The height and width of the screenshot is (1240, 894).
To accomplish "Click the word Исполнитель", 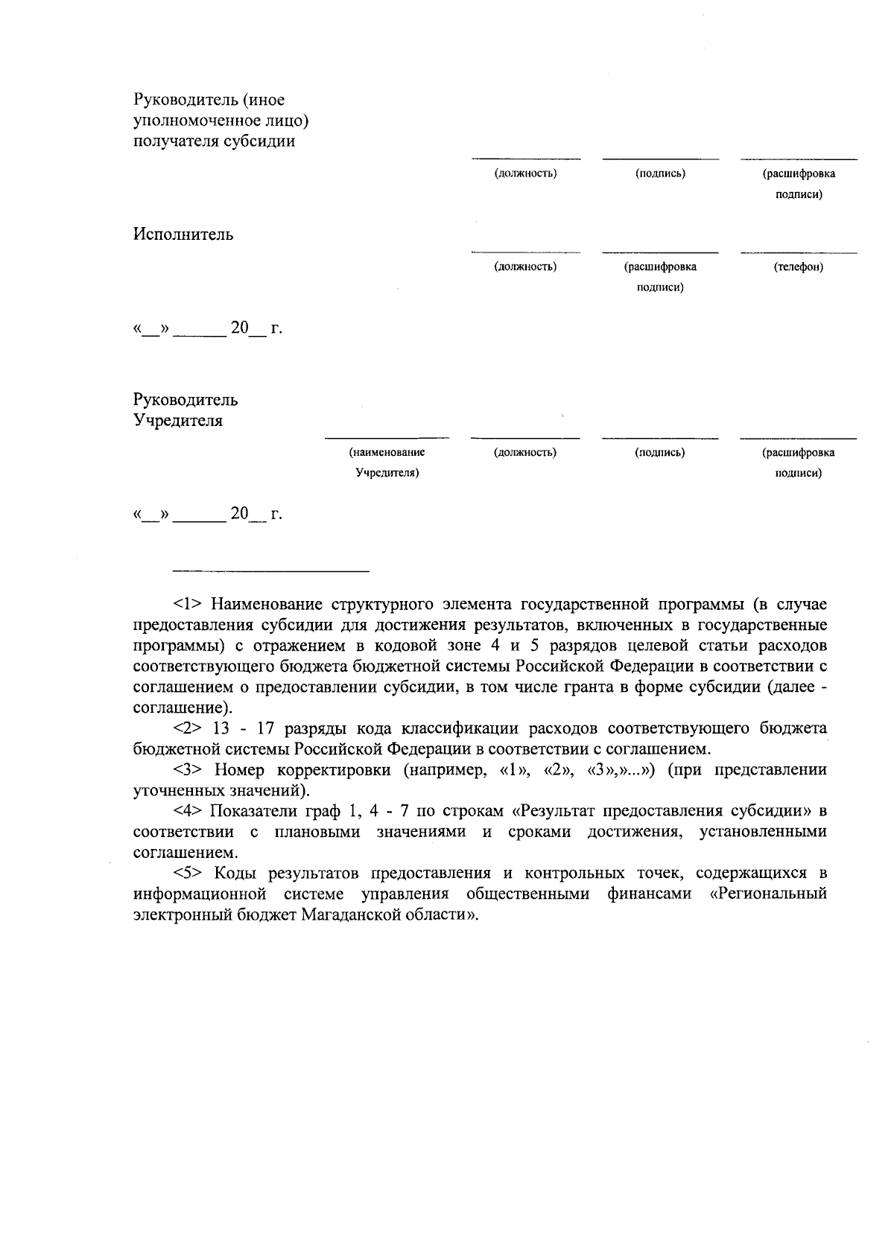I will click(x=183, y=235).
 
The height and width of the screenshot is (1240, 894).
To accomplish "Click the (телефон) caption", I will click(x=798, y=267).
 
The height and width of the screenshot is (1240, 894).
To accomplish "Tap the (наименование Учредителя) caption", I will click(x=387, y=462).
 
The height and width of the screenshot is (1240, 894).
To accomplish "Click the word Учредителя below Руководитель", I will click(x=178, y=421).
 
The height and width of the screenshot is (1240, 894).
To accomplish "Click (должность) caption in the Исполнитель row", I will click(x=525, y=267).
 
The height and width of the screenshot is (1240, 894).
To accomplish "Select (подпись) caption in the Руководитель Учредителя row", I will click(x=660, y=452).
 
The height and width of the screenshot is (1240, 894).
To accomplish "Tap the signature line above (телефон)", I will click(x=798, y=253).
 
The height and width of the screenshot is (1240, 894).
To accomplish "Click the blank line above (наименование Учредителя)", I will click(x=387, y=438).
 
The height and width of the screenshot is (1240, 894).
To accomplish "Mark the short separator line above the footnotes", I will click(x=270, y=571).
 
